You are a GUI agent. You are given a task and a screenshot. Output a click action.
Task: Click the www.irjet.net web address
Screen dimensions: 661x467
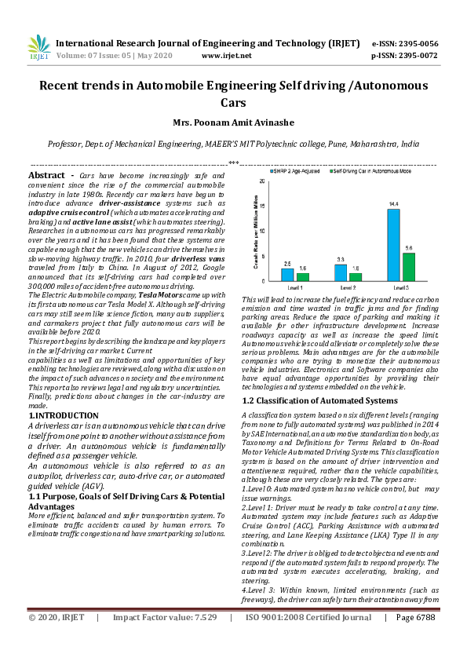coord(227,57)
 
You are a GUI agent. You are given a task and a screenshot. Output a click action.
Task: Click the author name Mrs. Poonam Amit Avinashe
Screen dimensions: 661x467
coord(233,122)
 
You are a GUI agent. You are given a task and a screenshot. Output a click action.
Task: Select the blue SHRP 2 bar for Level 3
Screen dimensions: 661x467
coord(393,245)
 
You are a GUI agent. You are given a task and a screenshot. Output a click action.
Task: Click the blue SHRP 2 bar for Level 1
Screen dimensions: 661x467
coord(288,273)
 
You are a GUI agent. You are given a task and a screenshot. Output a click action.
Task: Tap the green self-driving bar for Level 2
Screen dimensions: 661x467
coord(356,276)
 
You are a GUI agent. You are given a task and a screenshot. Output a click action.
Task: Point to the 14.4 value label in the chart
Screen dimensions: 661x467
coord(393,204)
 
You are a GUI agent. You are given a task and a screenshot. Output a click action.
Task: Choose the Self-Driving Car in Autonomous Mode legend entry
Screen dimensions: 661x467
coord(373,170)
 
